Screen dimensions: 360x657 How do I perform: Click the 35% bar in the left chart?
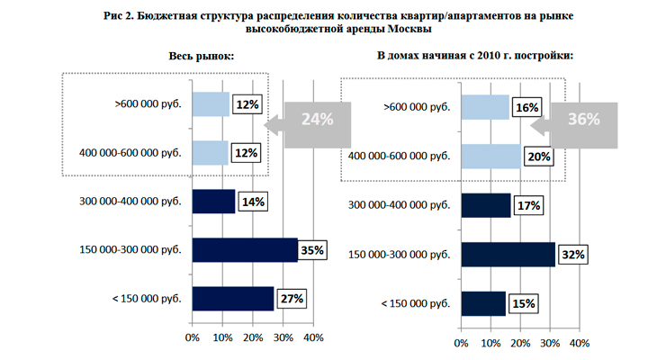coord(244,250)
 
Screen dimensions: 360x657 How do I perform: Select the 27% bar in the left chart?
coord(232,299)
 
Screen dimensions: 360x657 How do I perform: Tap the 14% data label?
coord(252,202)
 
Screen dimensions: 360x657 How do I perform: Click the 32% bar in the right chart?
coord(508,255)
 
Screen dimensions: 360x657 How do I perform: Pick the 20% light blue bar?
coord(490,157)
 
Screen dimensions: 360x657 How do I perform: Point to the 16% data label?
coord(527,108)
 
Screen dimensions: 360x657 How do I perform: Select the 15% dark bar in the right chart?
coord(482,303)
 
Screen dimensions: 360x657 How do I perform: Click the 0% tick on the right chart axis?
coord(461,343)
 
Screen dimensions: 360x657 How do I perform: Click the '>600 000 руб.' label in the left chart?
coord(148,104)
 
